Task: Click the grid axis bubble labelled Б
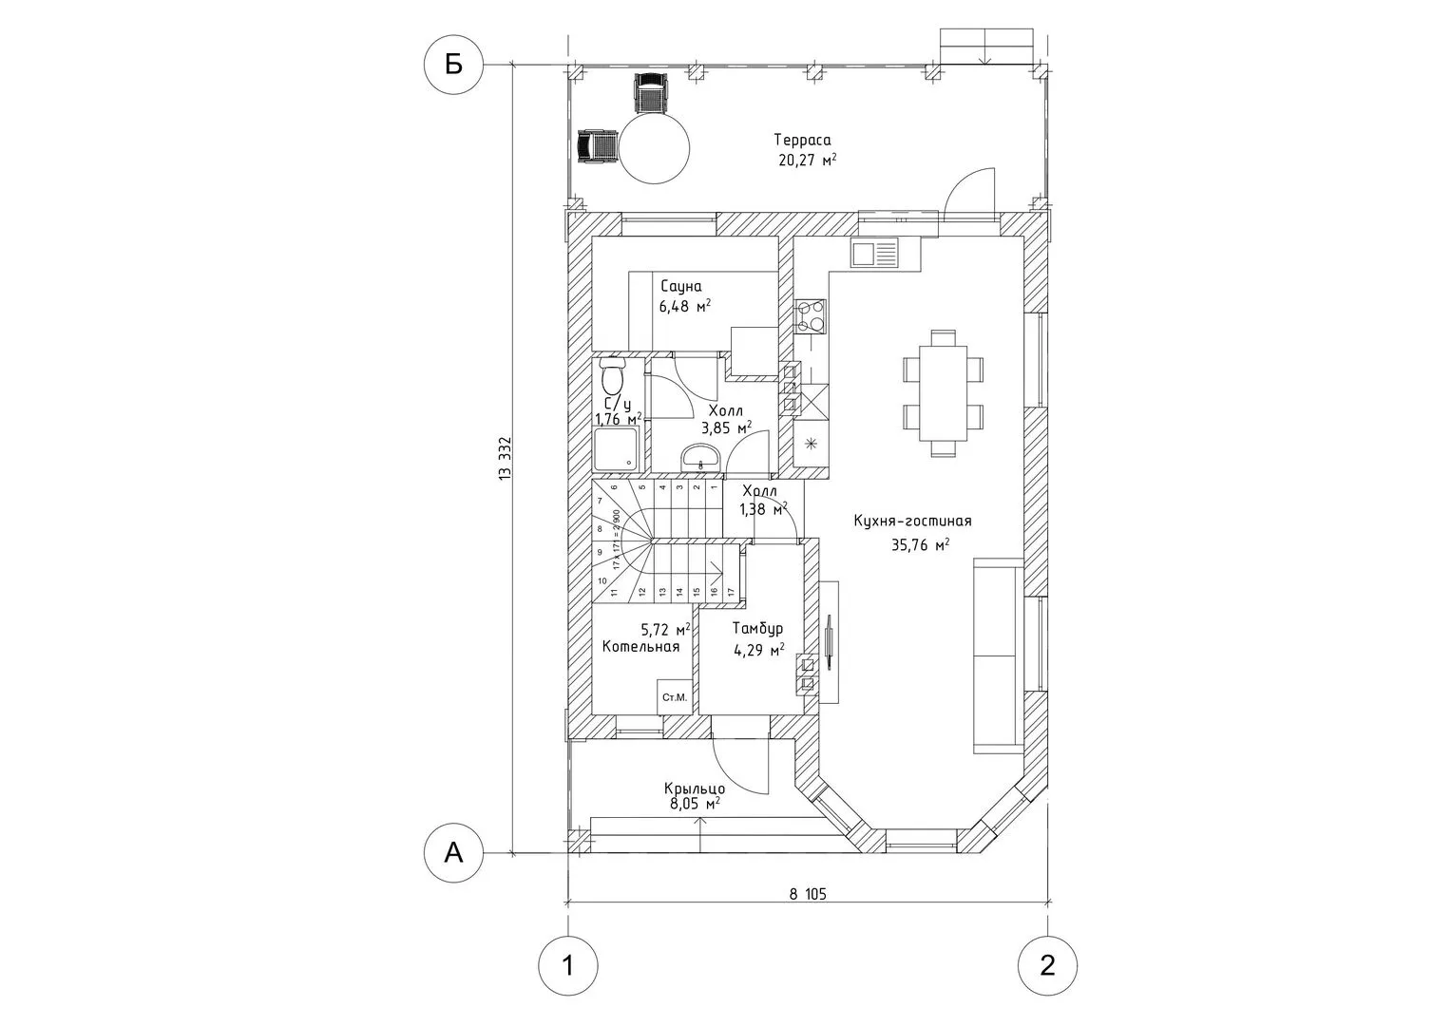[453, 65]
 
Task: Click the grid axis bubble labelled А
[453, 853]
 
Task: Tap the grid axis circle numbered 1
[567, 966]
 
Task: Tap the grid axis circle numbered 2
[1047, 966]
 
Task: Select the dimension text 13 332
[505, 460]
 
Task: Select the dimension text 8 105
[808, 894]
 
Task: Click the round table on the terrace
[654, 148]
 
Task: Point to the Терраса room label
[802, 140]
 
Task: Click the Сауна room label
[680, 286]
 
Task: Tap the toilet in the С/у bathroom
[613, 376]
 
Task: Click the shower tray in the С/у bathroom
[617, 449]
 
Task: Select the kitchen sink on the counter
[873, 253]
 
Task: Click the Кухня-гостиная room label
[912, 521]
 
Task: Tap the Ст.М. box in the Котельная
[675, 697]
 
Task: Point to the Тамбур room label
[757, 628]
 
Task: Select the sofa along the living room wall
[998, 655]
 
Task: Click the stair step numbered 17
[731, 591]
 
